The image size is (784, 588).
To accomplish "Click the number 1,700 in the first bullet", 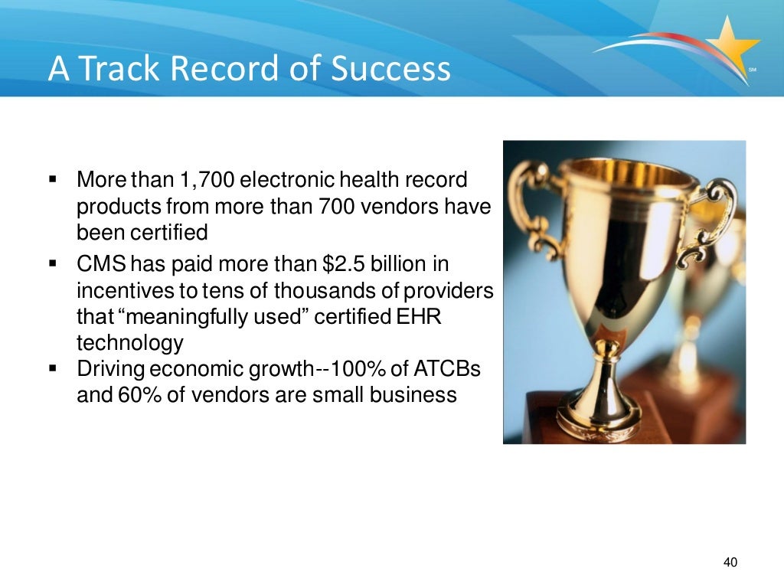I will tap(208, 181).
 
